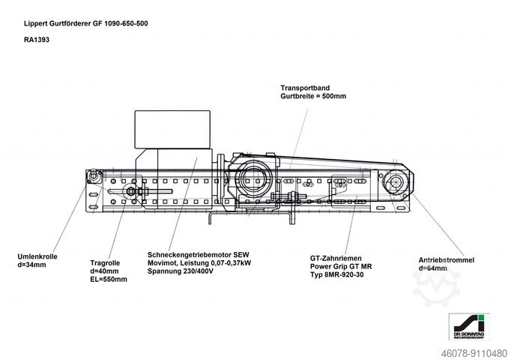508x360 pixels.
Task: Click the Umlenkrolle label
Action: [x=37, y=257]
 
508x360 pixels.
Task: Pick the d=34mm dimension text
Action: [x=32, y=266]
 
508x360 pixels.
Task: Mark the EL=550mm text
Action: [x=109, y=280]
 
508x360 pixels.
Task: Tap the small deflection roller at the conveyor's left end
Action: [x=94, y=177]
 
